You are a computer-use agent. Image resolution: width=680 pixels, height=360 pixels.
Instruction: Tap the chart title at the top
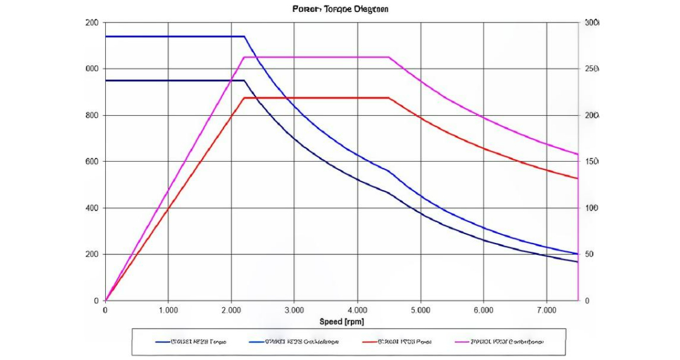pos(340,9)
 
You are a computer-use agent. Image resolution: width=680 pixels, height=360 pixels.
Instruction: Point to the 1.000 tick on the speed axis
pos(168,310)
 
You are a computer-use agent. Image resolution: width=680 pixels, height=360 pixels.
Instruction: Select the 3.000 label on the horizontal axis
pos(294,310)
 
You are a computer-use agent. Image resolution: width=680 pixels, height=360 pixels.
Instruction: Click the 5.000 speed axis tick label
pos(420,310)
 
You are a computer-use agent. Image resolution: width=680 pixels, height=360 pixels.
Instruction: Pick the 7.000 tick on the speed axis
pos(547,310)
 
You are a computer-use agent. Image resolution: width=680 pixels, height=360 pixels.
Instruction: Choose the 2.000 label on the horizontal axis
pos(231,310)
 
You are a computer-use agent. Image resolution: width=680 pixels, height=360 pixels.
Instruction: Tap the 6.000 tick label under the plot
pos(484,310)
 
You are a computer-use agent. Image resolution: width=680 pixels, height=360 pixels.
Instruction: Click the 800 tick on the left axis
pos(92,115)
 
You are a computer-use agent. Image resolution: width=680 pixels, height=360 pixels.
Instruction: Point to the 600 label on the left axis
pos(92,162)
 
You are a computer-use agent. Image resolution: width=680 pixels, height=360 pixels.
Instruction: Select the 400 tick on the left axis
pos(92,208)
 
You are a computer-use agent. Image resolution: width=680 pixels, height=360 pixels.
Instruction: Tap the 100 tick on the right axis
pos(592,208)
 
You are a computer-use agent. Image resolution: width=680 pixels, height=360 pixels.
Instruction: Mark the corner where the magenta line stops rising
pos(244,57)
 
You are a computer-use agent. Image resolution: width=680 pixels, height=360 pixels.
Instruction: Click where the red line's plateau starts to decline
pos(389,98)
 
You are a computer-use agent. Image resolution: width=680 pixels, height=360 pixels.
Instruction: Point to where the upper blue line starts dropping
pos(244,37)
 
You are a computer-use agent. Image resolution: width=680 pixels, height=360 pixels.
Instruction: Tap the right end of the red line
pos(577,179)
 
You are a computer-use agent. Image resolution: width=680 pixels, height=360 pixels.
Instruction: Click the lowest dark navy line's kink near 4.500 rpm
pos(389,193)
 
